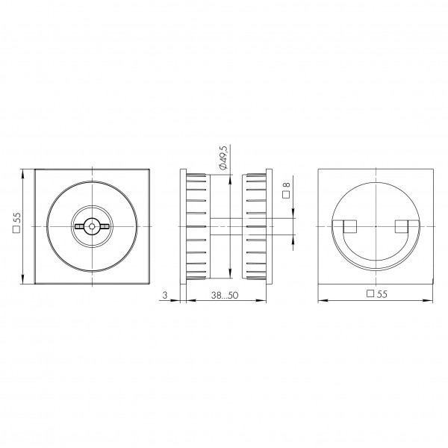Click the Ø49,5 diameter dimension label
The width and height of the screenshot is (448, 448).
[x=223, y=158]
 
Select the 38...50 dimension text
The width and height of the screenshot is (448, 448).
[x=225, y=295]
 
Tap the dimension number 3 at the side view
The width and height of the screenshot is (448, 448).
[x=165, y=295]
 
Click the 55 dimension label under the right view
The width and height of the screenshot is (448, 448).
[x=382, y=294]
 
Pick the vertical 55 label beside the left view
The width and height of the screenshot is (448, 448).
[x=17, y=218]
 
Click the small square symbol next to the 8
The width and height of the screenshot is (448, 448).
[x=286, y=195]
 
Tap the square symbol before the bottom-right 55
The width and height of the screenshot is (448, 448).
[x=370, y=293]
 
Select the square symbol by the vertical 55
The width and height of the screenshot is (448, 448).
[x=17, y=229]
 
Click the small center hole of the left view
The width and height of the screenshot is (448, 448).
[x=92, y=226]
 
